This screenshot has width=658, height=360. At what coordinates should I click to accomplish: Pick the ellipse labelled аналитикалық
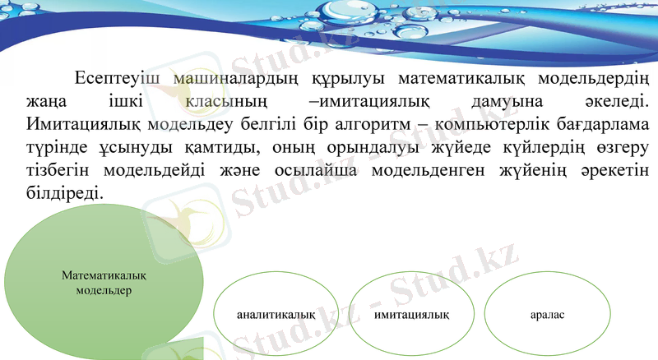[x=276, y=314]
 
